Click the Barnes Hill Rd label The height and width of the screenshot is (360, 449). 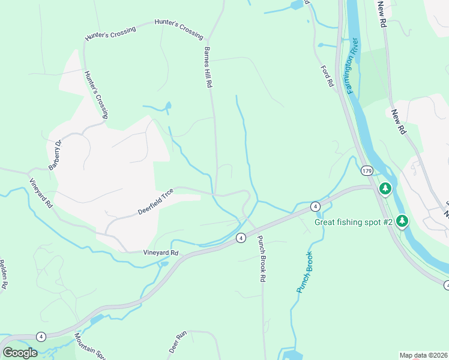[208, 68]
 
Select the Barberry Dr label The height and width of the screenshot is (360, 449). [55, 154]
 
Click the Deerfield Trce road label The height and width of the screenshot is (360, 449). [155, 201]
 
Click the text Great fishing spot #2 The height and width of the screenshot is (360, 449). [354, 223]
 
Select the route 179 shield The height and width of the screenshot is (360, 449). [367, 171]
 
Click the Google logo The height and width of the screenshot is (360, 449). [20, 353]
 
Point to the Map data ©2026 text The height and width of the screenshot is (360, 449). [423, 355]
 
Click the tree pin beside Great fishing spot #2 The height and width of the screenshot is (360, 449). [402, 221]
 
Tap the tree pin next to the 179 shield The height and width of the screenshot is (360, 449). [385, 188]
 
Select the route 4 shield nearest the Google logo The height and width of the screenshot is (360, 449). [41, 336]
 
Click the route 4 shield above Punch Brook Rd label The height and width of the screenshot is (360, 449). [240, 238]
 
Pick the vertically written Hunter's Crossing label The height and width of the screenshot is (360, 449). [96, 94]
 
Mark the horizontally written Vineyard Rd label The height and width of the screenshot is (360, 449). [161, 253]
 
